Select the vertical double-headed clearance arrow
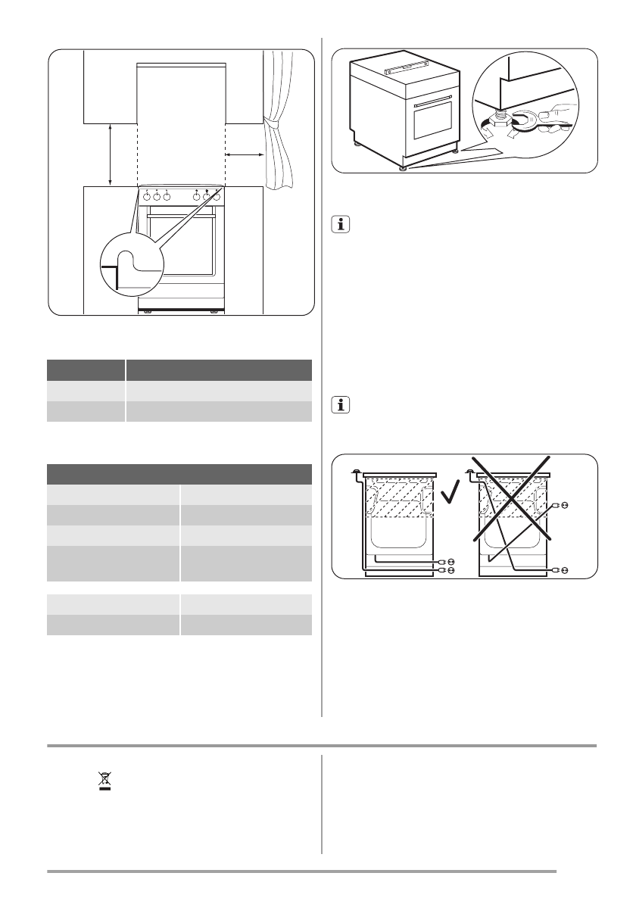[x=111, y=154]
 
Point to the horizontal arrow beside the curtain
[x=244, y=154]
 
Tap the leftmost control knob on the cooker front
[x=147, y=197]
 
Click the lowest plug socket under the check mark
[x=450, y=569]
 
